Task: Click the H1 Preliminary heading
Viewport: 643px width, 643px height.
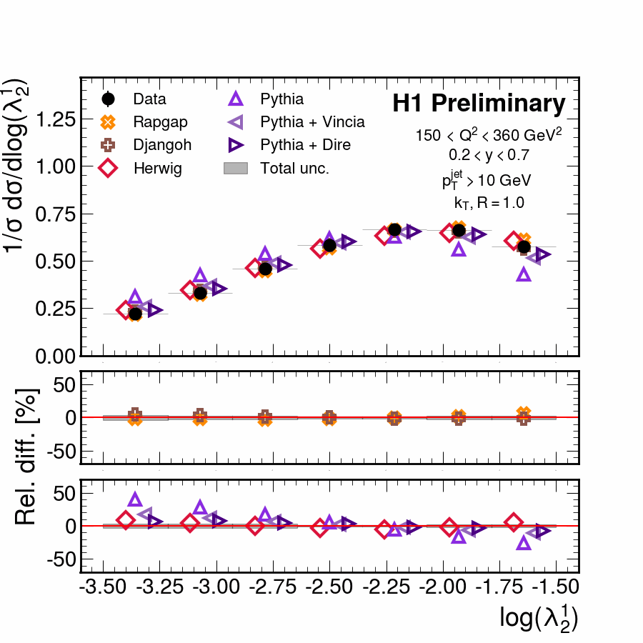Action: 479,104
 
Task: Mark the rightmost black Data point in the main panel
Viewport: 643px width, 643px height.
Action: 524,247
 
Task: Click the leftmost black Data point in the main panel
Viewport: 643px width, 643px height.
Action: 135,314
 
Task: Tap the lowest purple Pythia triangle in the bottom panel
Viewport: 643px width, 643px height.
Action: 524,543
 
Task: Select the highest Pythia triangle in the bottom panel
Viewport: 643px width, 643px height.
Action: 135,500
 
